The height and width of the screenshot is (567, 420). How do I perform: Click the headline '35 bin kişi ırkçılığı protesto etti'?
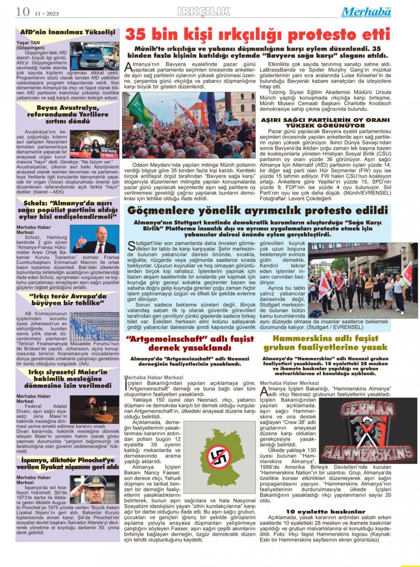[x=258, y=35]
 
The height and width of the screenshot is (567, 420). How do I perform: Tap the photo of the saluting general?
[x=94, y=490]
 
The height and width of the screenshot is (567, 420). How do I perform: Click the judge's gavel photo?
[x=94, y=409]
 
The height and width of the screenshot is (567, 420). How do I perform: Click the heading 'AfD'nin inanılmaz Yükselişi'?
[x=68, y=32]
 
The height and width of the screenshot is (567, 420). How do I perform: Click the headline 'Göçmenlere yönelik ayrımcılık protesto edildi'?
[x=257, y=210]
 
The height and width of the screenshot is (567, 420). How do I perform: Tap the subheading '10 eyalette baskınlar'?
[x=325, y=511]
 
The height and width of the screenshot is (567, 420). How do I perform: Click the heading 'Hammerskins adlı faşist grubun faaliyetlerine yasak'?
[x=325, y=343]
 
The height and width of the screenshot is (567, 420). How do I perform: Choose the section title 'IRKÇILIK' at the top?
[x=204, y=12]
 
